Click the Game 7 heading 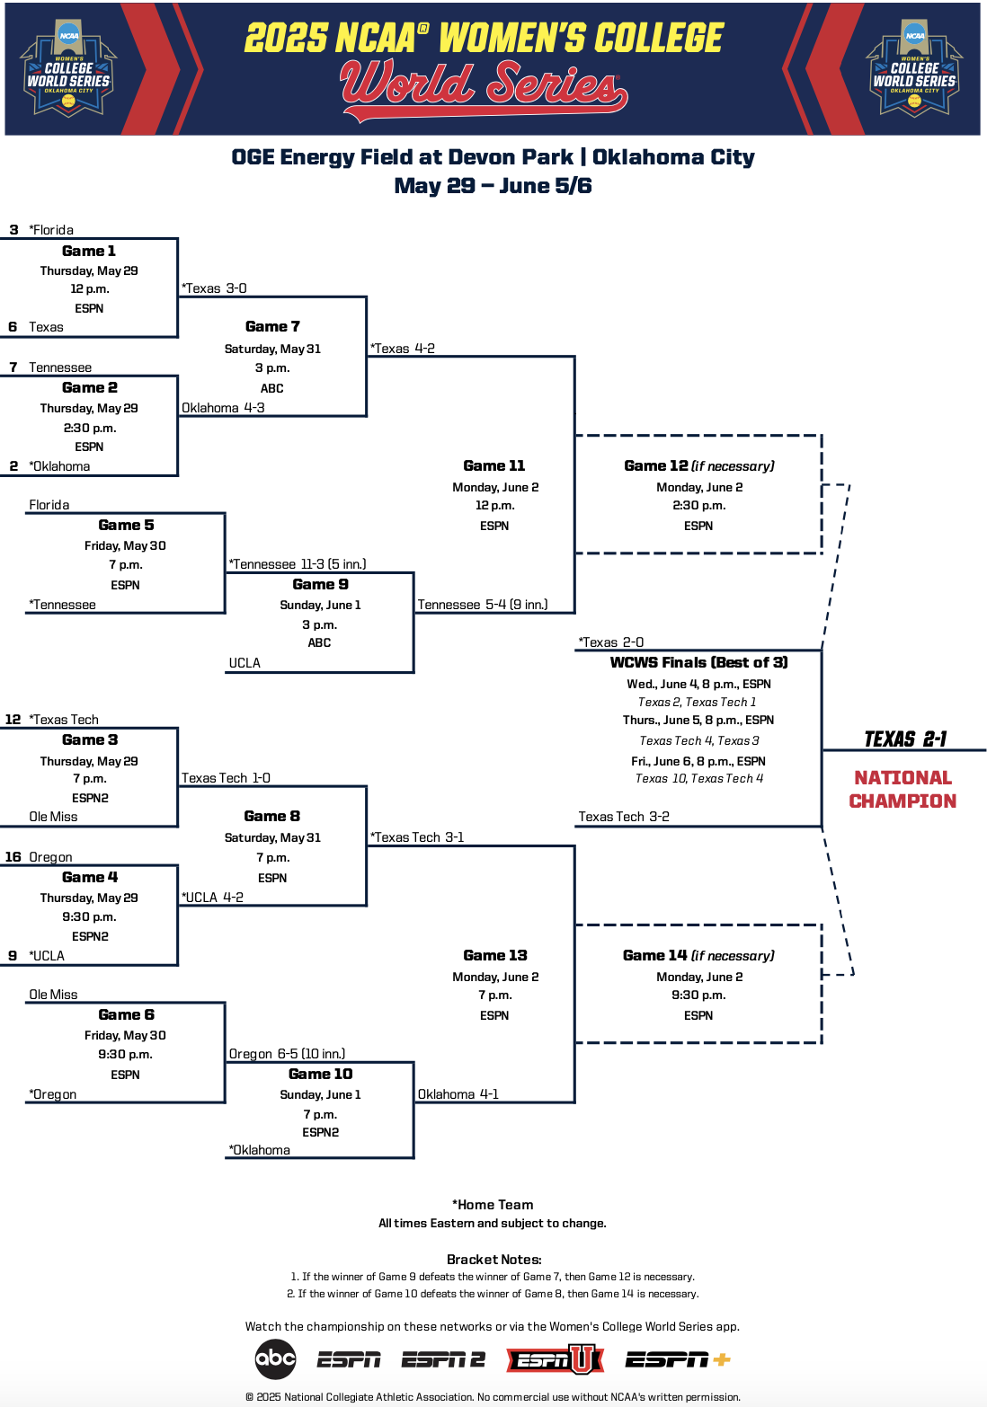pos(272,326)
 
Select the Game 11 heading pos(493,465)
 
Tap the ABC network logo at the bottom pos(275,1358)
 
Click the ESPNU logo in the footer pos(555,1360)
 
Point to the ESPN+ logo pos(677,1360)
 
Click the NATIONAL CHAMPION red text pos(903,789)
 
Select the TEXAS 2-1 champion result pos(904,739)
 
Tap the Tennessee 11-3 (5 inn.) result pos(298,564)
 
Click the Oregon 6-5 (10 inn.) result pos(287,1054)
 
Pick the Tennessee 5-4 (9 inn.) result pos(482,605)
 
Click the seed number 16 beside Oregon pos(13,857)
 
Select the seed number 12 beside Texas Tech pos(13,720)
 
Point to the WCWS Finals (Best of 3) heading pos(698,662)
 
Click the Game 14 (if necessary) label pos(698,955)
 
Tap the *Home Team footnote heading pos(493,1205)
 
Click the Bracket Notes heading pos(493,1260)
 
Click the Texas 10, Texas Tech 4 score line pos(698,779)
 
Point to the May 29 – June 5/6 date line pos(493,186)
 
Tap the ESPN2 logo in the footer pos(443,1360)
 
